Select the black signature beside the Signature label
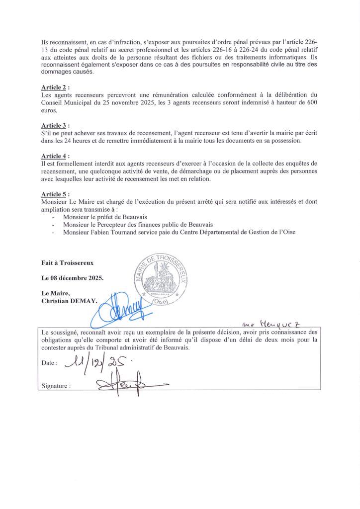click(x=125, y=384)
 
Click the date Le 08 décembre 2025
click(x=73, y=278)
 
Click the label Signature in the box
click(x=55, y=385)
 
